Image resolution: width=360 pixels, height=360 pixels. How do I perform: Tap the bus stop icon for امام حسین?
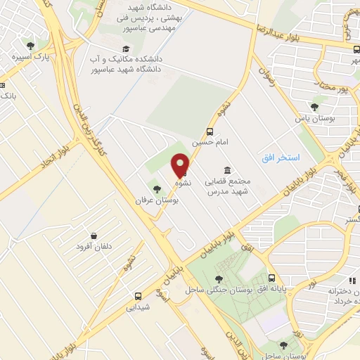pyautogui.click(x=210, y=131)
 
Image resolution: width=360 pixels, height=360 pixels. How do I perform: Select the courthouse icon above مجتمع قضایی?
pyautogui.click(x=228, y=170)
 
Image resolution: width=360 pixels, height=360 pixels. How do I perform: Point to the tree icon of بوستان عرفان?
pyautogui.click(x=156, y=188)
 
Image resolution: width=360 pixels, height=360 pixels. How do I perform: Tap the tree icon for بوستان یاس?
pyautogui.click(x=314, y=107)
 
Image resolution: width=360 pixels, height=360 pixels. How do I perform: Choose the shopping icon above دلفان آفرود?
pyautogui.click(x=94, y=236)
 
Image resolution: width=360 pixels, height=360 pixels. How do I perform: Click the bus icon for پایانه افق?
pyautogui.click(x=275, y=280)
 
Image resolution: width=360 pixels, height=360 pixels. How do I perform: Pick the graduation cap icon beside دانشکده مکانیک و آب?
pyautogui.click(x=126, y=49)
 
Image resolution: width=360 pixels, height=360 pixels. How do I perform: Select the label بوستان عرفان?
pyautogui.click(x=157, y=200)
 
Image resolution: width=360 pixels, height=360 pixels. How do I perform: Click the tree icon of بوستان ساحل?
pyautogui.click(x=283, y=345)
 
